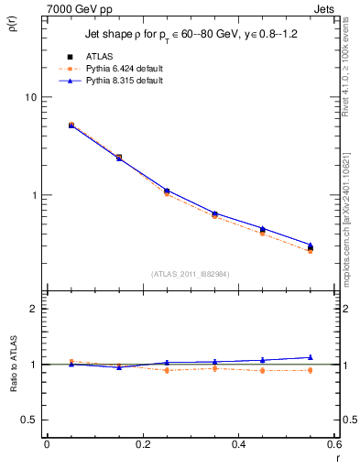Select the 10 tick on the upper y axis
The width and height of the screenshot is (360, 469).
[32, 97]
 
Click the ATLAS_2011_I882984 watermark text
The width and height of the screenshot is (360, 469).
[190, 274]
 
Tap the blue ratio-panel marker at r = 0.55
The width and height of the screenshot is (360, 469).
[311, 357]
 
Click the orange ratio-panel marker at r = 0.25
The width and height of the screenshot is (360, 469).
[167, 370]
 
